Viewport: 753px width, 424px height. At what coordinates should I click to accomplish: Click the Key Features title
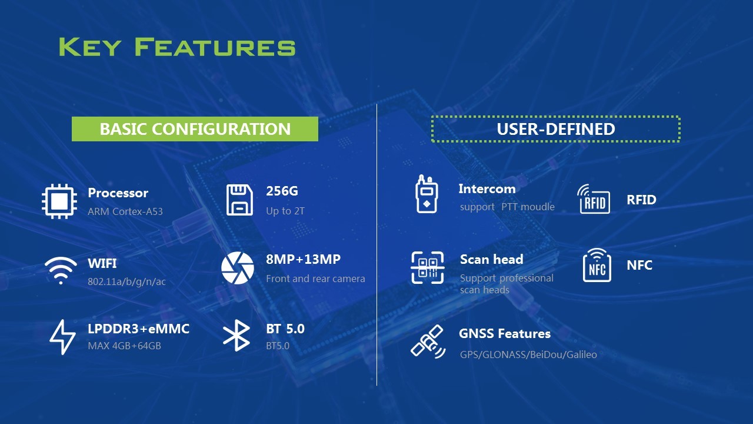pos(177,47)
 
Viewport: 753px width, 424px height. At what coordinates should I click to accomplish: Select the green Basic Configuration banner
pos(195,129)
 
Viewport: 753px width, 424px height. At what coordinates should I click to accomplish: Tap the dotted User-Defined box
pos(556,117)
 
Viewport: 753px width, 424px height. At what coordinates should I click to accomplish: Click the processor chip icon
pos(59,201)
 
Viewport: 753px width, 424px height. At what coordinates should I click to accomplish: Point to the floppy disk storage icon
pos(239,200)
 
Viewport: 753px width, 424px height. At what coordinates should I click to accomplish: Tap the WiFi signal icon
pos(61,271)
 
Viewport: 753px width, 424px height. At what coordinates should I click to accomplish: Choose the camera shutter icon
pos(237,268)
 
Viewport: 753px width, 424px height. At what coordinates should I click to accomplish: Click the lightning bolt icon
pos(62,337)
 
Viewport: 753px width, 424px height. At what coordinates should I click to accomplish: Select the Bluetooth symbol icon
pos(236,336)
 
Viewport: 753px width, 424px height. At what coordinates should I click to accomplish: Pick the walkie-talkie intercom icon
pos(427,194)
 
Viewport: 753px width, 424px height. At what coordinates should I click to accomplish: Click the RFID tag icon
pos(594,199)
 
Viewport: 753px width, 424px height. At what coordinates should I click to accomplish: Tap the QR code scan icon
pos(428,268)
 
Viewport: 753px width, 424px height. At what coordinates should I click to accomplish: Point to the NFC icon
pos(597,265)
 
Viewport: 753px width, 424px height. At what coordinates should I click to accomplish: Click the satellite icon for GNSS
pos(428,342)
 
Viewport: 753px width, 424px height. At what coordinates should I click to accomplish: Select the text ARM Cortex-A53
pos(125,211)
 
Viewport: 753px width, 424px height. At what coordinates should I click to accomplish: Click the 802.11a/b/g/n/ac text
pos(126,281)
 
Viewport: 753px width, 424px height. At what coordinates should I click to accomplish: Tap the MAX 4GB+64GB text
pos(124,346)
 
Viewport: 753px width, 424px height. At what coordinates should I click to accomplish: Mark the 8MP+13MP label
pos(303,259)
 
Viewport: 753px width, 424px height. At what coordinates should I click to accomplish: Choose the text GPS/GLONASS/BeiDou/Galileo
pos(528,355)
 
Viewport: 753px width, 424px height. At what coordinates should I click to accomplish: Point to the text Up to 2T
pos(285,211)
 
